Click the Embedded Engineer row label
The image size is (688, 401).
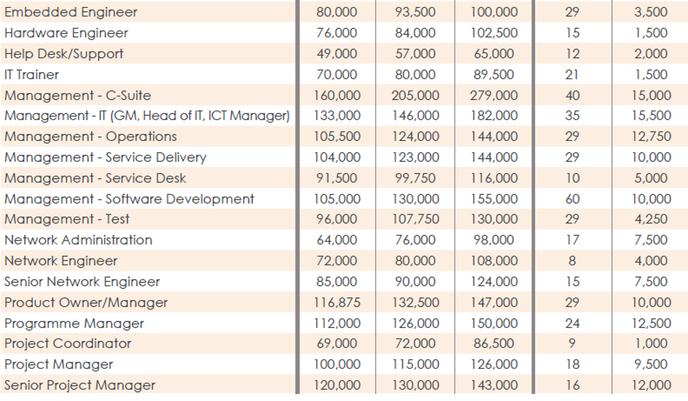71,13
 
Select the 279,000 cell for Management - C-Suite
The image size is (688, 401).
494,95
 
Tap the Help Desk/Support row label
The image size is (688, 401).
64,54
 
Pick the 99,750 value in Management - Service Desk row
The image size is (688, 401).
415,178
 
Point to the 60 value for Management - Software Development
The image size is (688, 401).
572,199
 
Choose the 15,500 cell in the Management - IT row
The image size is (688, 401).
651,116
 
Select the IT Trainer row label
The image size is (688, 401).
32,75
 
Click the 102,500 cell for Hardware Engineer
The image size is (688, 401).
494,33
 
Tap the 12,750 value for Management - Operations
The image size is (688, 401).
651,137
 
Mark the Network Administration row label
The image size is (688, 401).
78,240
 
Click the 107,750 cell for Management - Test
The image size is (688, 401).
415,219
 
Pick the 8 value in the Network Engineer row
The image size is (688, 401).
572,261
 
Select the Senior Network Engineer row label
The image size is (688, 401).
82,282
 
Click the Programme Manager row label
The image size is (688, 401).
74,324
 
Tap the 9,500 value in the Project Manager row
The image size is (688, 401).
651,365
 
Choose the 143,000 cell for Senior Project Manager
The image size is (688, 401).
494,386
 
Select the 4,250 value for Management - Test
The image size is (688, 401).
651,219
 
